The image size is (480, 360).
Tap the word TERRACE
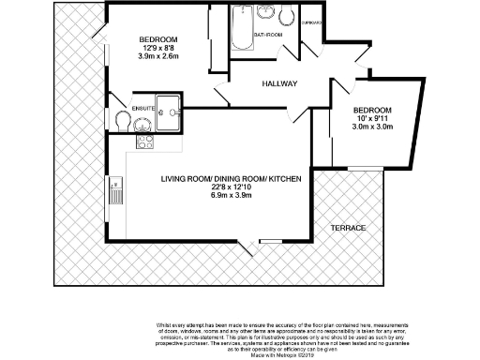click(348, 228)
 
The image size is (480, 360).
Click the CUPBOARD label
click(312, 22)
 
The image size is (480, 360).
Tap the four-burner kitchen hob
click(145, 142)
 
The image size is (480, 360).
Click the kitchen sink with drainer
click(116, 191)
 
